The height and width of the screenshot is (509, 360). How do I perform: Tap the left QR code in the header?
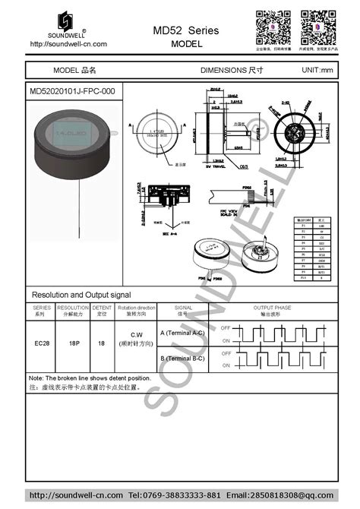point(269,22)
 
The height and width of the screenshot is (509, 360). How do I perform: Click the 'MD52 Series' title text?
point(185,30)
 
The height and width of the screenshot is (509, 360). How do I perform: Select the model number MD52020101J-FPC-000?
point(72,90)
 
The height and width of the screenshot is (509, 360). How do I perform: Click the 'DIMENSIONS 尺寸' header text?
point(231,71)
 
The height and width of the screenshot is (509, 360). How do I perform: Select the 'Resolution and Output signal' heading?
point(81,294)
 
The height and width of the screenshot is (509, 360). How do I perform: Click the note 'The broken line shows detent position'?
point(90,378)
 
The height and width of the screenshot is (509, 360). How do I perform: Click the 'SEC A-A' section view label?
point(169,236)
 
